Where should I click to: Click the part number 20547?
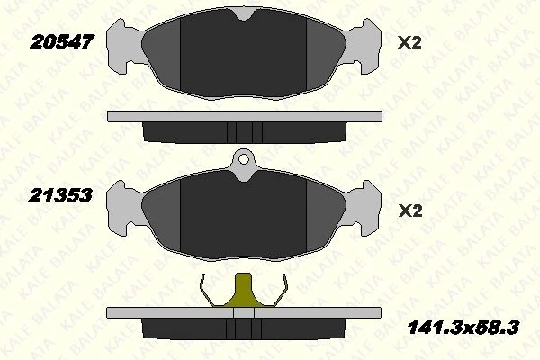coord(63,41)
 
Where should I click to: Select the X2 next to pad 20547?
coord(409,41)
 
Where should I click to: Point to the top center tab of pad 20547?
coord(244,16)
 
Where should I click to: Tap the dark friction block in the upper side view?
coord(244,131)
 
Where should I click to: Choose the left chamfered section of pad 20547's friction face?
coord(163,58)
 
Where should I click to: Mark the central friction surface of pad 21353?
coord(244,216)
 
